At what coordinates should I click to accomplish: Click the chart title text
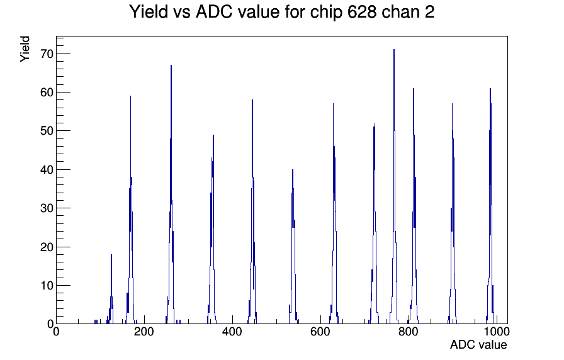click(281, 12)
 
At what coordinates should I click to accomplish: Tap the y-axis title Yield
click(25, 49)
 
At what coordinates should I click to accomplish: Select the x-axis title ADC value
click(478, 344)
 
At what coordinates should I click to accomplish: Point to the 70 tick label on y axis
click(47, 54)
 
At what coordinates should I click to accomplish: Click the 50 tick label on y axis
click(47, 131)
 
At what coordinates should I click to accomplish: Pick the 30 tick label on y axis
click(47, 208)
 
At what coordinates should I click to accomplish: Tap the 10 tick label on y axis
click(47, 286)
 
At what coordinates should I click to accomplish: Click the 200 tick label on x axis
click(144, 331)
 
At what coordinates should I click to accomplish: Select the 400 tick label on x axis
click(232, 331)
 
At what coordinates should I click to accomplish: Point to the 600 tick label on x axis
click(320, 331)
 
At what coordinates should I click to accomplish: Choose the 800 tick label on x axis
click(409, 331)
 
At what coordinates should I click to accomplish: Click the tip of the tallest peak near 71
click(394, 50)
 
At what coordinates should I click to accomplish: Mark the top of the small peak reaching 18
click(111, 255)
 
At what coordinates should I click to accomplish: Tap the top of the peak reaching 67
click(171, 65)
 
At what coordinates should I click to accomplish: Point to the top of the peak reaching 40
click(293, 169)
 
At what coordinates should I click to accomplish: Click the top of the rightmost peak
click(490, 89)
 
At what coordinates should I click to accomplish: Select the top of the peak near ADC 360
click(213, 135)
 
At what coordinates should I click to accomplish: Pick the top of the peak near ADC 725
click(375, 123)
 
